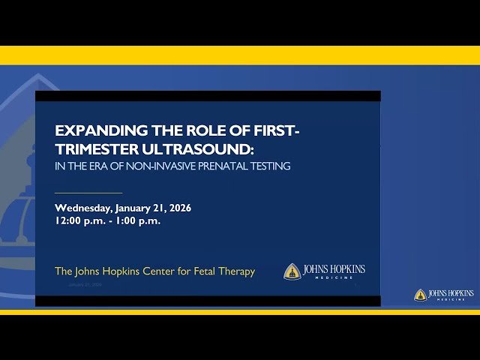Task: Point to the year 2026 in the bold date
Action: coord(178,208)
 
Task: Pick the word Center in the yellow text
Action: coord(149,271)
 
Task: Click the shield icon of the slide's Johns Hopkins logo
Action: coord(292,271)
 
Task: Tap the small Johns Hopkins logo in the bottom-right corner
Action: coord(444,295)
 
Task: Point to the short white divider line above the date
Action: coord(88,193)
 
